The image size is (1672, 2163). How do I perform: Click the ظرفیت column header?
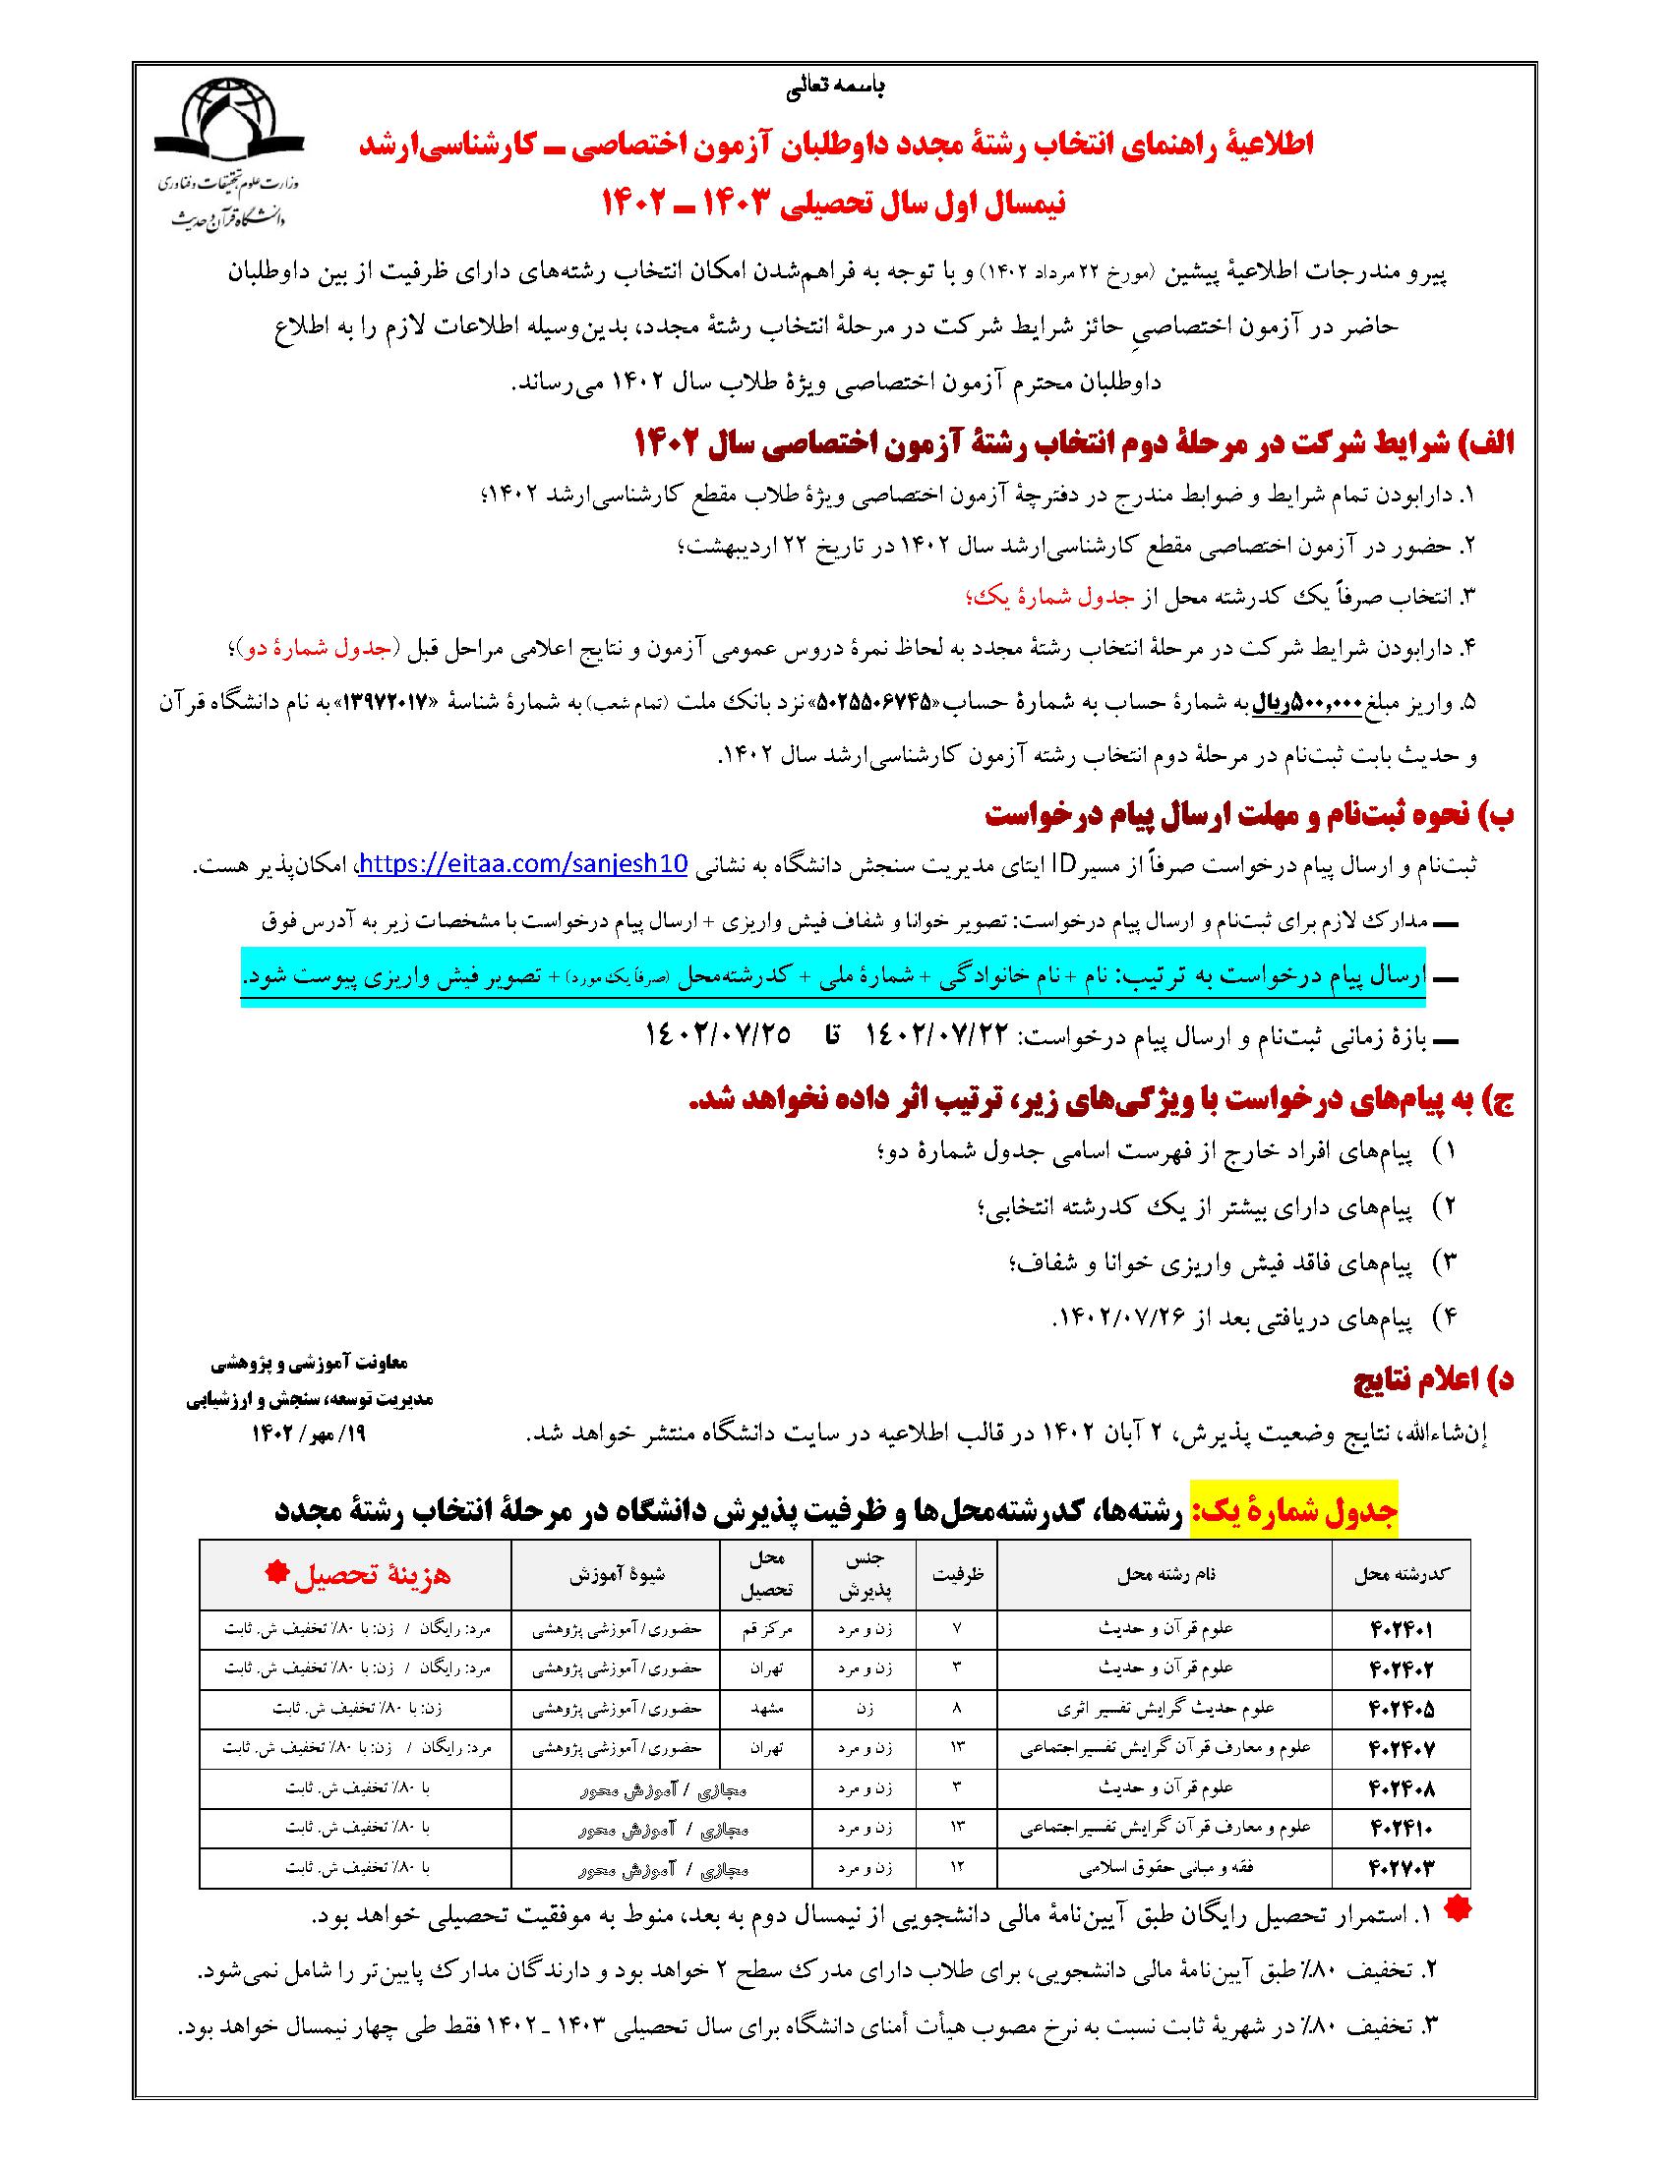(x=956, y=1576)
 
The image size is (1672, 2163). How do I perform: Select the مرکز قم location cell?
(x=767, y=1628)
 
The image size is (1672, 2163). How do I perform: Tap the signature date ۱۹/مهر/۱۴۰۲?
(x=310, y=1434)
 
